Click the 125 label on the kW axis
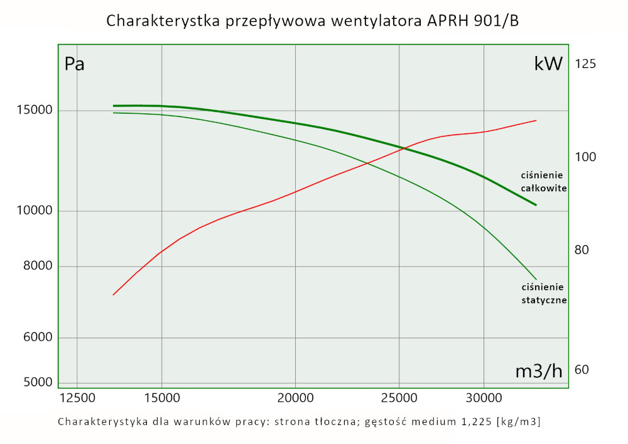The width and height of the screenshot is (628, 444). [x=585, y=64]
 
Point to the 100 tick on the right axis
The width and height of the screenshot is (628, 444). [x=585, y=157]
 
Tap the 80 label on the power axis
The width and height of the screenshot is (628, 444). [x=582, y=250]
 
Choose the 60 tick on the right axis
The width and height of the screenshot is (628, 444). [x=582, y=369]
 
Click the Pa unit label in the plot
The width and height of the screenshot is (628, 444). [x=75, y=64]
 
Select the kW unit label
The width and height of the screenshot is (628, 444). [x=548, y=64]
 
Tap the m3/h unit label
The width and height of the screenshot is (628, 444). [x=539, y=371]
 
